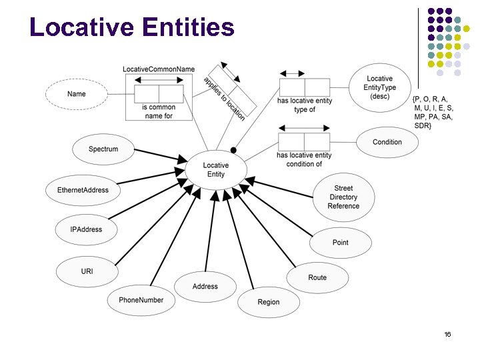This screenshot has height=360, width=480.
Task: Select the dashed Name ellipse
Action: [x=77, y=94]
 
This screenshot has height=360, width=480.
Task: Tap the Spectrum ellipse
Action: [x=103, y=149]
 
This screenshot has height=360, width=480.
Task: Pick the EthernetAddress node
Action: [x=83, y=190]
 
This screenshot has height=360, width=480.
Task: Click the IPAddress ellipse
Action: [x=86, y=229]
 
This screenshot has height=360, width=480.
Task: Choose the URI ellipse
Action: [x=87, y=272]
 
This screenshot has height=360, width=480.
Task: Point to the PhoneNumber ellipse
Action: [x=141, y=300]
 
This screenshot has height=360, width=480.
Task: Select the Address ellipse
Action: [x=205, y=287]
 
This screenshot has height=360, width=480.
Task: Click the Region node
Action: [x=269, y=302]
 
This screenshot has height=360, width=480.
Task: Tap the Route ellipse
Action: [x=317, y=277]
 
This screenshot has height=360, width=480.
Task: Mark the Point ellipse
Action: [x=340, y=243]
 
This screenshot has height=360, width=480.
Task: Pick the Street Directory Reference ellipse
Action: [x=343, y=197]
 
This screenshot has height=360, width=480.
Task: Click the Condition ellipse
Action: [x=387, y=142]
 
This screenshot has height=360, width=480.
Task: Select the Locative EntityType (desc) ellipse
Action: [x=380, y=87]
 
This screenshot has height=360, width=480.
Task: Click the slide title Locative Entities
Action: [x=132, y=28]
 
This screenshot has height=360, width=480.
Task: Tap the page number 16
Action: [x=447, y=334]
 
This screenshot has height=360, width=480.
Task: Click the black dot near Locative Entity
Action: [x=233, y=150]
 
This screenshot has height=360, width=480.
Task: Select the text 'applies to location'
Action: [x=225, y=98]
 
